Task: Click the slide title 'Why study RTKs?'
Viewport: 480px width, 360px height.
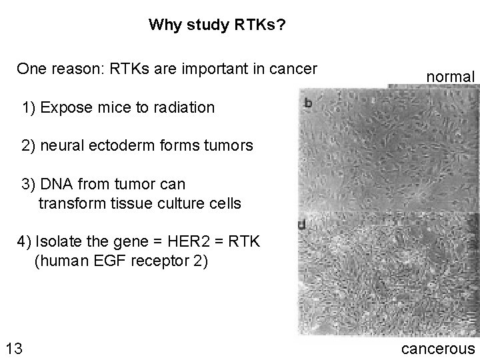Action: (218, 25)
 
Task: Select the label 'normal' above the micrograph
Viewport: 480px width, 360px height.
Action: (451, 77)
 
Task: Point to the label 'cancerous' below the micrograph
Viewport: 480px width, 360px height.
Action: (437, 348)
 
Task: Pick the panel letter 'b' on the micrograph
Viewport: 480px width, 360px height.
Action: (309, 103)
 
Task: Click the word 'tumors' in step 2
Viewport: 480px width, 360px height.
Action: (231, 145)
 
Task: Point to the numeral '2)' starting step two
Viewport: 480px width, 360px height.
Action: (29, 145)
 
